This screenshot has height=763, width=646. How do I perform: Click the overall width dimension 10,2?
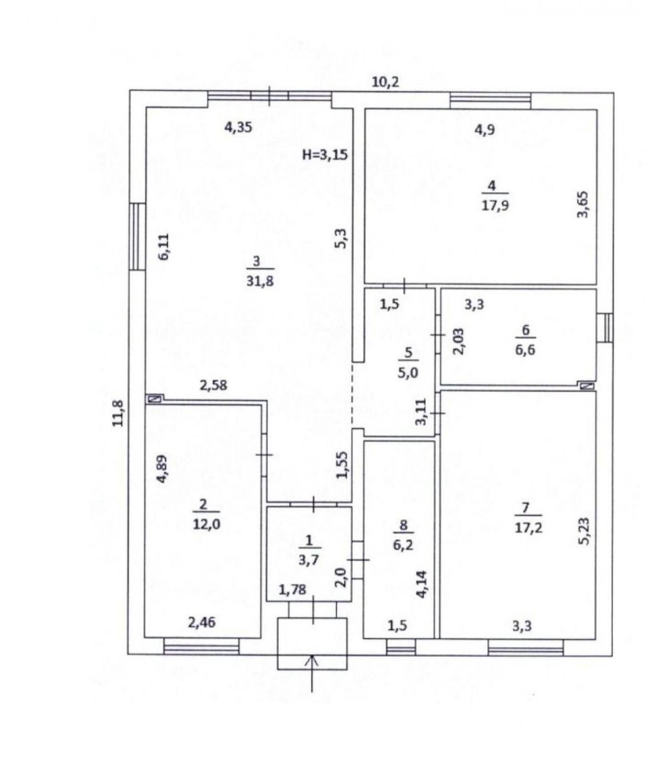385,81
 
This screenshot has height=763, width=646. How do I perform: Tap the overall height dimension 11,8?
118,413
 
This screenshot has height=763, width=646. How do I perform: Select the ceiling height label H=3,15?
325,155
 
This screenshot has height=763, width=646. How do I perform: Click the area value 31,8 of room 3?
260,281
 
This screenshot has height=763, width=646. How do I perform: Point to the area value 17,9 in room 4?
495,205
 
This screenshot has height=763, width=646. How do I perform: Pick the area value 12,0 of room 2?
207,524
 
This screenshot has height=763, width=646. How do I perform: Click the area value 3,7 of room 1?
308,560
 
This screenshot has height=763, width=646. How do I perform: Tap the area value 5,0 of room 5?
408,373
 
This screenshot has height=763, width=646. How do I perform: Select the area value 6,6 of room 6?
525,349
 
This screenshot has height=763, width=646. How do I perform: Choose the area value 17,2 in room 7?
528,528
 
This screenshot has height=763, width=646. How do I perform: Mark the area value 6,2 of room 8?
403,544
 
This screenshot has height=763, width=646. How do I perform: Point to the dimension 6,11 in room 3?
163,247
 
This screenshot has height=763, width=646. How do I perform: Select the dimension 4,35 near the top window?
238,127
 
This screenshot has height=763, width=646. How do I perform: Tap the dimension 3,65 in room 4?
583,204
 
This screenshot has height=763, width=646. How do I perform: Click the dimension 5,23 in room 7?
584,532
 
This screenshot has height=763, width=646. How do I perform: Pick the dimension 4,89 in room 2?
162,469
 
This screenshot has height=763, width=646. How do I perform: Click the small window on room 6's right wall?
605,327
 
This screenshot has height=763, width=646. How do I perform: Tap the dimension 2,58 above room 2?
214,385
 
